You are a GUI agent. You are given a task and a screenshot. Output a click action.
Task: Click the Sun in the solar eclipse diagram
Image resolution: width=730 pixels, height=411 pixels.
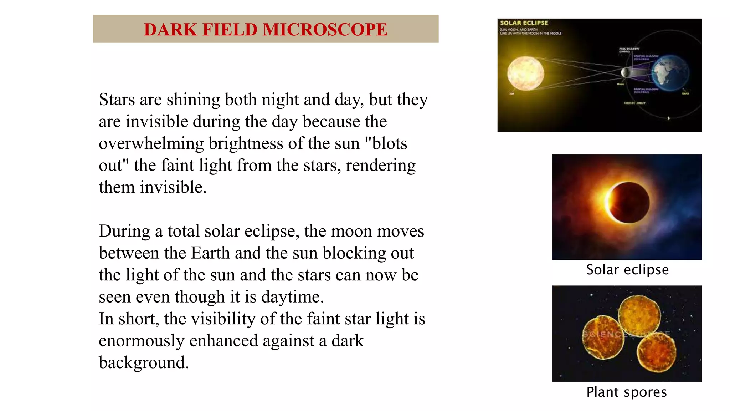pyautogui.click(x=525, y=73)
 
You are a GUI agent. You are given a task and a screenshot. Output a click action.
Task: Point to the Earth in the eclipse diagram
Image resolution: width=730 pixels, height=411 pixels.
pyautogui.click(x=670, y=73)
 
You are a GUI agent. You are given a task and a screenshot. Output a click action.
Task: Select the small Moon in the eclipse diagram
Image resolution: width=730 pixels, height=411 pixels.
pyautogui.click(x=624, y=72)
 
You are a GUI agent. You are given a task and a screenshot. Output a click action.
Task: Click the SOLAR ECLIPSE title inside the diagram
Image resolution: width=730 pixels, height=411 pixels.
pyautogui.click(x=524, y=23)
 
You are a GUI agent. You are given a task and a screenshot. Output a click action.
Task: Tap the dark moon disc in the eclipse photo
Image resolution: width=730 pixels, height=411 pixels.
pyautogui.click(x=629, y=203)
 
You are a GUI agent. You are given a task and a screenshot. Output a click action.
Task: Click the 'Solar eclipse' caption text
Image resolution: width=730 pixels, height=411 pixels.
pyautogui.click(x=627, y=270)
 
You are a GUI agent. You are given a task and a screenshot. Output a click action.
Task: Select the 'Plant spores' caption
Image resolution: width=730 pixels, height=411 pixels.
pyautogui.click(x=627, y=392)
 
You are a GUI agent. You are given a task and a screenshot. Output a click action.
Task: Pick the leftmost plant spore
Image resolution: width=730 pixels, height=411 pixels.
pyautogui.click(x=603, y=338)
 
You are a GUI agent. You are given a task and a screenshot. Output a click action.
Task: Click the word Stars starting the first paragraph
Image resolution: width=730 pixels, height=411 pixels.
pyautogui.click(x=117, y=100)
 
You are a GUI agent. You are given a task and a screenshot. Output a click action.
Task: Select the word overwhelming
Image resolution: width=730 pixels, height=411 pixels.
pyautogui.click(x=151, y=143)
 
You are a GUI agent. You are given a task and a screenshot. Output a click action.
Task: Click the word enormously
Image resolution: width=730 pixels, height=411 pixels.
pyautogui.click(x=141, y=341)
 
